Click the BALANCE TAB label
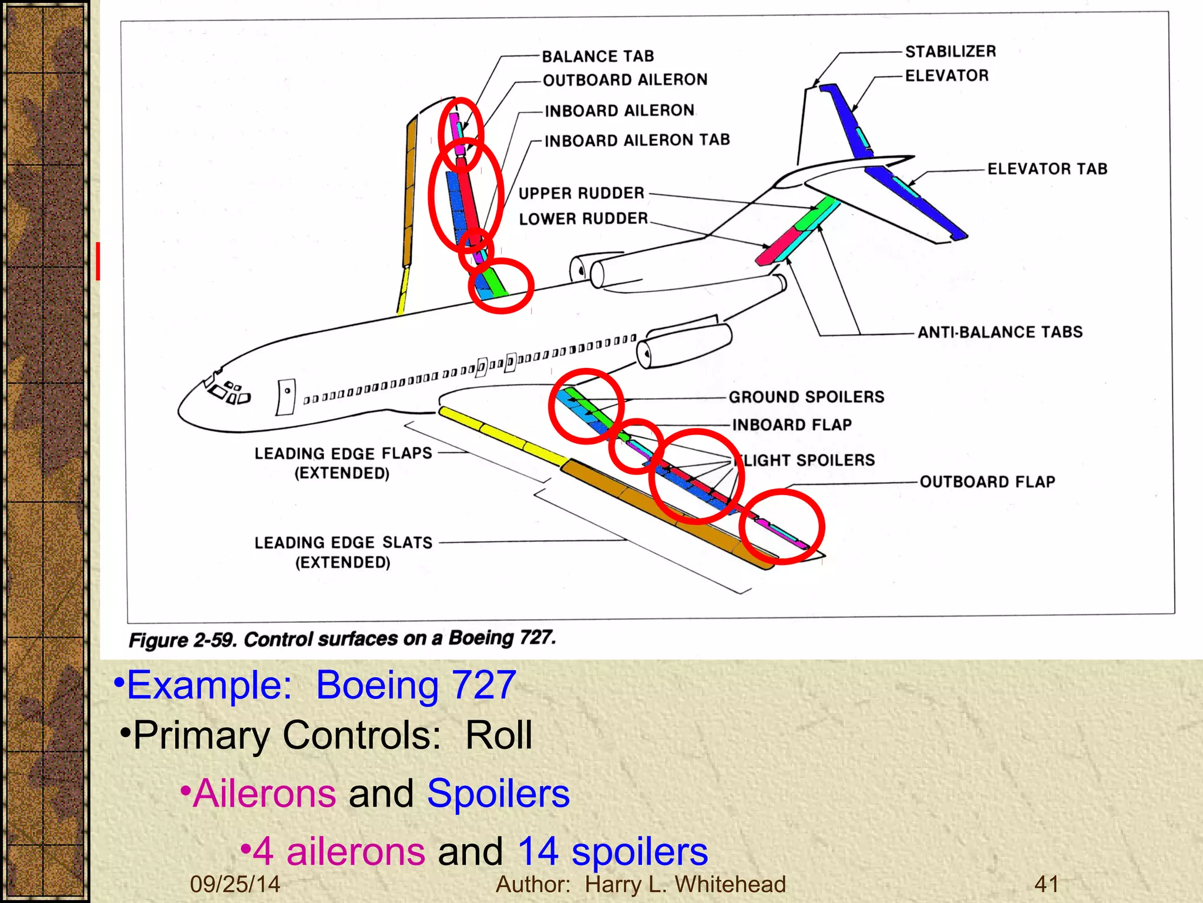[597, 56]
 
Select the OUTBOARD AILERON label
[625, 80]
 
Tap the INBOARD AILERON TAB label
[637, 141]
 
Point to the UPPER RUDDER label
[582, 193]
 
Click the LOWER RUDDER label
[583, 219]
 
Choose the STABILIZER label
[950, 52]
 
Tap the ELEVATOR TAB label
[1047, 169]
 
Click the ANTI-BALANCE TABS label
[1000, 333]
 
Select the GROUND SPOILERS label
[806, 397]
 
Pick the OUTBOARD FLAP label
[987, 482]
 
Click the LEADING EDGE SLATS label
[343, 543]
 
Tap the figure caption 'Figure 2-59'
[341, 639]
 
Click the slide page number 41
[1046, 884]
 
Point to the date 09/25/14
[235, 884]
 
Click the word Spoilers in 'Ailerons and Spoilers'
[498, 794]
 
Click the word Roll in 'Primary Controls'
[499, 735]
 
